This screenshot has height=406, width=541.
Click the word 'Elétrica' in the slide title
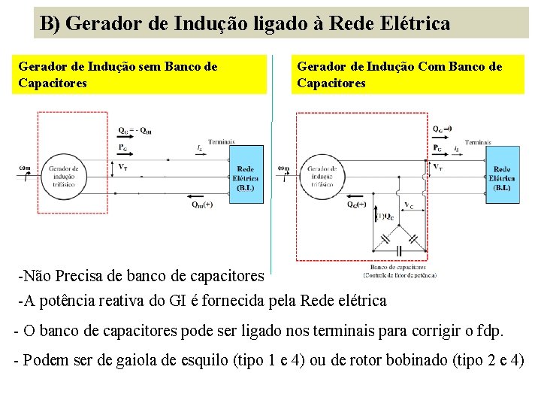pos(416,23)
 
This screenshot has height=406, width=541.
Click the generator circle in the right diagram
pos(324,175)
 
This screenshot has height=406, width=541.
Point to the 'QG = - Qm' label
pos(135,129)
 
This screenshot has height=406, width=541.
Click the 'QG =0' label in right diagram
pos(443,128)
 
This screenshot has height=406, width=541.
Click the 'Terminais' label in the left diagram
pos(222,141)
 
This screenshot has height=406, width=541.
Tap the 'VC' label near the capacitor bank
pos(408,205)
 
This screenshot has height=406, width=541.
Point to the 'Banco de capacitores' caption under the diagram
pos(397,267)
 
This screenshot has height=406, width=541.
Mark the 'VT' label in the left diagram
pos(122,166)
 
